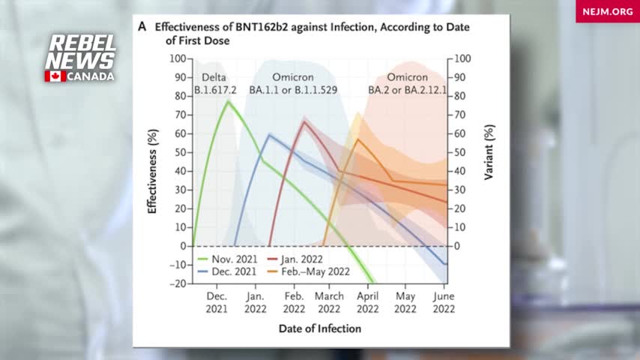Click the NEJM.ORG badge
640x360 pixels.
tap(607, 11)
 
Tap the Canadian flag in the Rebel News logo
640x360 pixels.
tap(55, 76)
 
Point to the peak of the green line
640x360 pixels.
tap(228, 100)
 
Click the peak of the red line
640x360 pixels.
tap(304, 121)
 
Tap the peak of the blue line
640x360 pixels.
tap(270, 134)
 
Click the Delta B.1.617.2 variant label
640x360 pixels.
tap(217, 84)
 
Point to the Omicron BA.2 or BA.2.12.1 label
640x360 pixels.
tap(407, 84)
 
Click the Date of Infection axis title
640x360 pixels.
tap(319, 328)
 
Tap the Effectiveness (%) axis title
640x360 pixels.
tap(152, 170)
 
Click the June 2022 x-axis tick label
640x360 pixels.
tap(444, 302)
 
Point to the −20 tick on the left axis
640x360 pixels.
tap(177, 283)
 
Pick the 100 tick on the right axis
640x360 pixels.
tap(463, 58)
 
